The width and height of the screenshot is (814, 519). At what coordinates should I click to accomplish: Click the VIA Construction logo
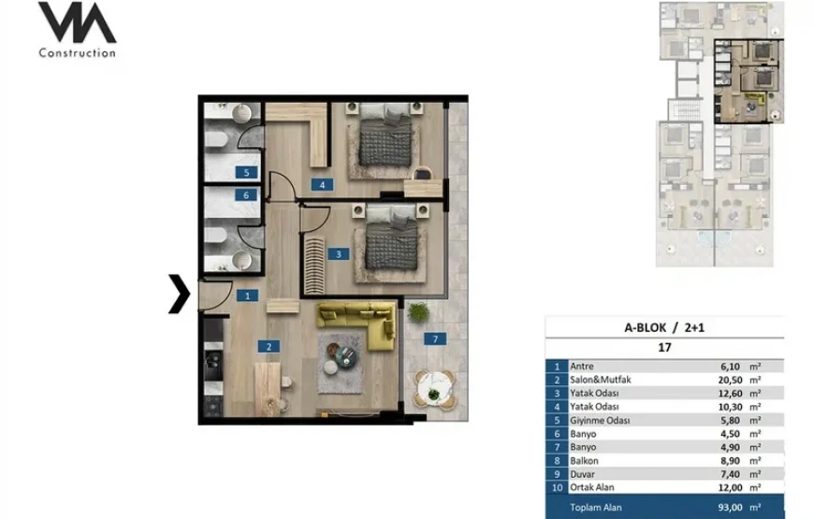point(78,30)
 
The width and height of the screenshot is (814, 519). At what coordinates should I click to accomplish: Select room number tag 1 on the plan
point(247,296)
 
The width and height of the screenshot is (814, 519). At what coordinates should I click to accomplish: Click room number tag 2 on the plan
point(269,347)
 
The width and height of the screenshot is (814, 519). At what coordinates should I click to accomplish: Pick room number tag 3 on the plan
point(339,254)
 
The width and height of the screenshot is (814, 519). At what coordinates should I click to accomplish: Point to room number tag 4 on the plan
point(323,185)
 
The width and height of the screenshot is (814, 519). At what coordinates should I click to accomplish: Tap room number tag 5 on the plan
point(246,172)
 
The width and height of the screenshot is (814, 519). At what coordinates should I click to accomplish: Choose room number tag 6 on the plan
point(246,195)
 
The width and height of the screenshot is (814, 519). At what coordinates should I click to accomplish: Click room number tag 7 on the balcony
point(435,339)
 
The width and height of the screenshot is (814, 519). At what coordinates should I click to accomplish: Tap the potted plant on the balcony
point(418,312)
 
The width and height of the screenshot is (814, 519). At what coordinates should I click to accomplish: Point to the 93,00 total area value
point(730,508)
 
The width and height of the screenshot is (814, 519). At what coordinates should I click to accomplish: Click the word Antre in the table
point(581,367)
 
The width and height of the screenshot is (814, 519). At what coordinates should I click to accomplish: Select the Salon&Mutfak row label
point(600,380)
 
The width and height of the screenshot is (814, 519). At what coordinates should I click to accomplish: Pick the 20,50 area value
point(730,380)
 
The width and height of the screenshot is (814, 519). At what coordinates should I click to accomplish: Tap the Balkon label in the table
point(584,461)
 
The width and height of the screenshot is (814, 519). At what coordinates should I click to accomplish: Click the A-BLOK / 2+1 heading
point(664,327)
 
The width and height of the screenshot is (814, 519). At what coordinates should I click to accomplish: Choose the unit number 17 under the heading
point(664,348)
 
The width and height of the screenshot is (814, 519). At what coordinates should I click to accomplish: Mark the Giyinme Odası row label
point(600,421)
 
